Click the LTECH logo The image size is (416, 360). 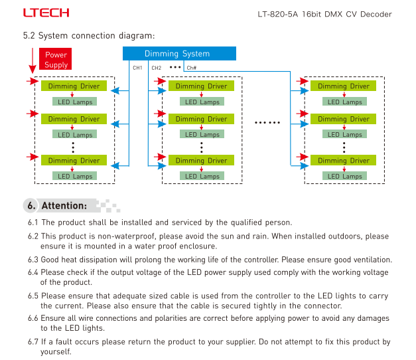coord(46,13)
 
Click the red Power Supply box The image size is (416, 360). coord(56,59)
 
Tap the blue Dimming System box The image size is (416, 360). coord(179,53)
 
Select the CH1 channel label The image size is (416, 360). coord(137,68)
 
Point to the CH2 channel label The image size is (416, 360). coord(157,68)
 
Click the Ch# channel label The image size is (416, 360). coord(191,68)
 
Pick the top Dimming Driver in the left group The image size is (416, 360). coord(74,86)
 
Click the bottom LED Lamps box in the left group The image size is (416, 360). coord(74,176)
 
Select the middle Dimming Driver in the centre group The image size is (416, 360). coord(202,119)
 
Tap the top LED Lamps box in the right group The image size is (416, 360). coord(344,102)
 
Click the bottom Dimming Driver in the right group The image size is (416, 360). coord(343,160)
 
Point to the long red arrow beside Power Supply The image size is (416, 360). coord(33,60)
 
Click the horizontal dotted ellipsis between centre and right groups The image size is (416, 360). coord(267,122)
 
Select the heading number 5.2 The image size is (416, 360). coord(29,35)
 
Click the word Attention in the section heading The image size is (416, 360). coord(64,205)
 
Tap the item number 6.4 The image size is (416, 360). coord(33,272)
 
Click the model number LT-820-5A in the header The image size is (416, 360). coord(278,14)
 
